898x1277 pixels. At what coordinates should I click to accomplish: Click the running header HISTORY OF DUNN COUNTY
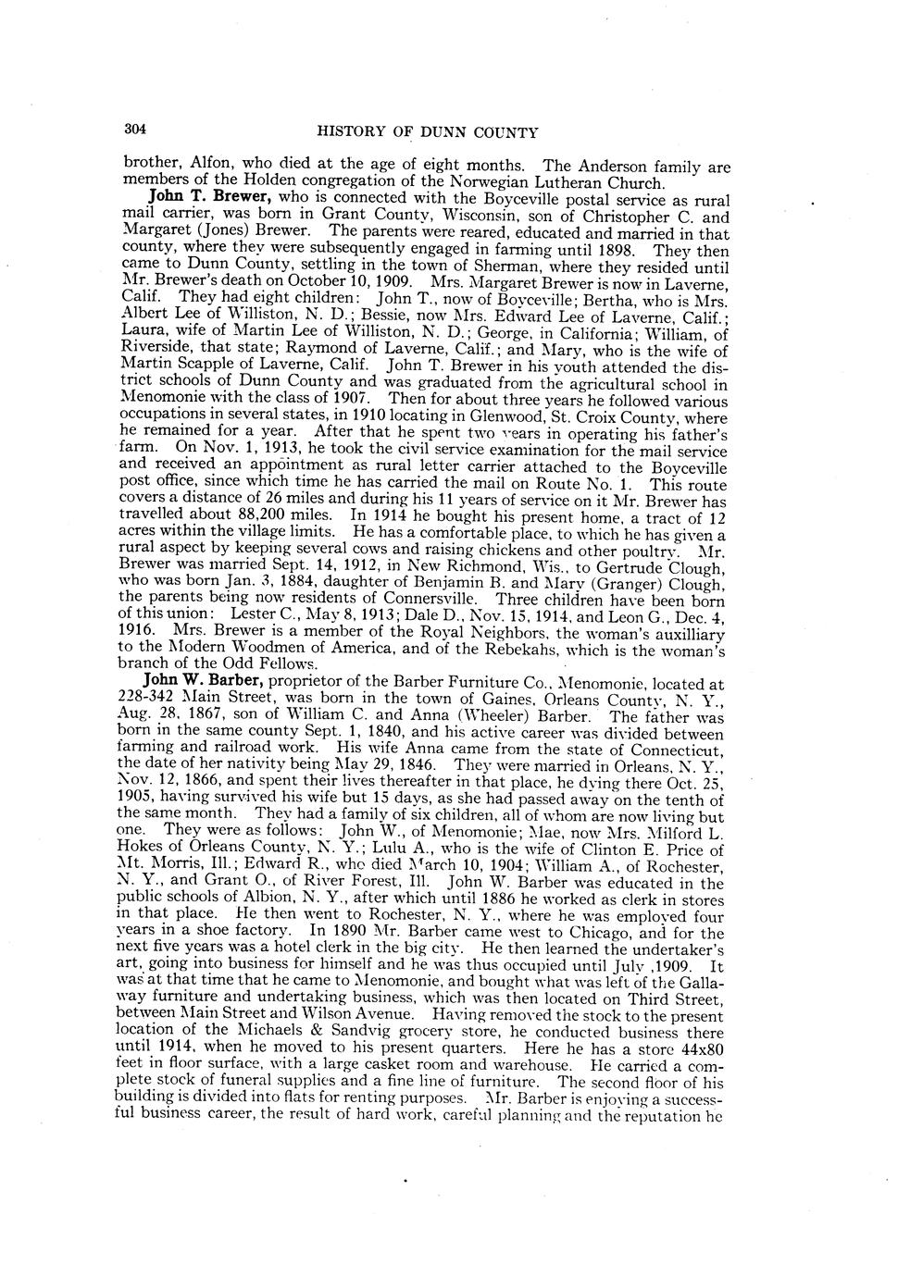[427, 132]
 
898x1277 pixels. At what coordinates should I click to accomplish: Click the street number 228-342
[153, 700]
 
